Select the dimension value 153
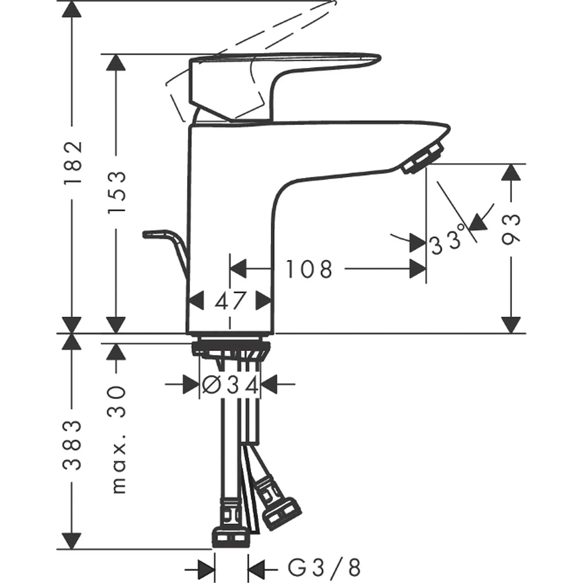click(117, 192)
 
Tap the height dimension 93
click(511, 228)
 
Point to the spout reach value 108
click(309, 269)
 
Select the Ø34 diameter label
click(230, 385)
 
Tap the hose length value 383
click(72, 446)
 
